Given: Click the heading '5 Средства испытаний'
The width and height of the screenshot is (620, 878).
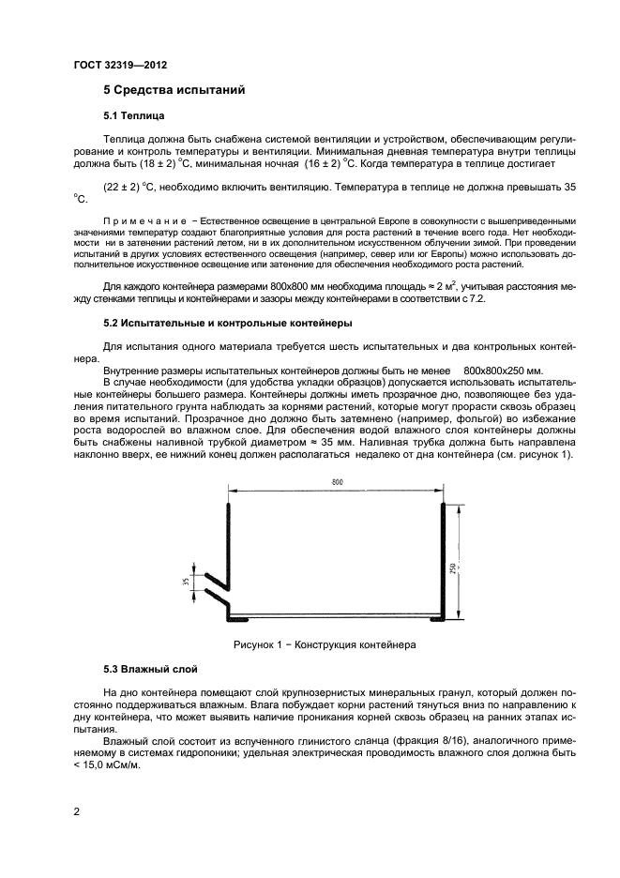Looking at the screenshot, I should (174, 91).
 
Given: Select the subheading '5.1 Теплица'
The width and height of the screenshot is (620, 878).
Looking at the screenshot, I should (133, 117).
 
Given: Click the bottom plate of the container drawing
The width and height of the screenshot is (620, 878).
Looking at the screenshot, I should (336, 618).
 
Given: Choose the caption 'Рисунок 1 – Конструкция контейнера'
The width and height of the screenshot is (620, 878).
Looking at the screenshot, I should (324, 645).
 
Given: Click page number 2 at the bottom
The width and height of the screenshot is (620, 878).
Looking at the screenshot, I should (76, 813).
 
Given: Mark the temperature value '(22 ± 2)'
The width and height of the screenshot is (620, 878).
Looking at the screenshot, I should (121, 186).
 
